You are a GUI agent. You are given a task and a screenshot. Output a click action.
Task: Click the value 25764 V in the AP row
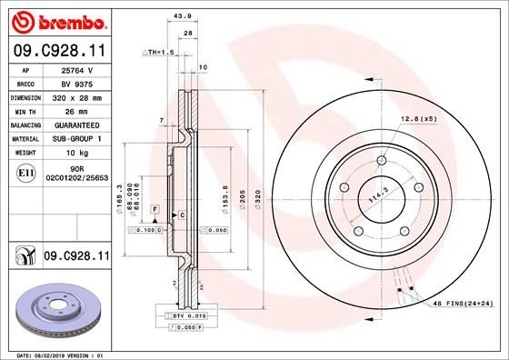click(x=78, y=69)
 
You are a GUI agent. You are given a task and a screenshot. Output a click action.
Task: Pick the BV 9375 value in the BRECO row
click(x=78, y=82)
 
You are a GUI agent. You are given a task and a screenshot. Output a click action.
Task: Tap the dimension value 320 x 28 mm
click(x=78, y=96)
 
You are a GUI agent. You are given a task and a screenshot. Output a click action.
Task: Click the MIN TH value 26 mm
click(x=78, y=110)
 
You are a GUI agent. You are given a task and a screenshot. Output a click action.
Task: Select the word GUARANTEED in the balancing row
click(x=78, y=124)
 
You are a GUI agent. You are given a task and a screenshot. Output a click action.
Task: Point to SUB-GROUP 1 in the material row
click(x=78, y=138)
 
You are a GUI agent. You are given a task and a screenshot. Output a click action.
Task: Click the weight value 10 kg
click(x=78, y=153)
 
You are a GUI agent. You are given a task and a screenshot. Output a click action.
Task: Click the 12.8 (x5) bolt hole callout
click(x=419, y=119)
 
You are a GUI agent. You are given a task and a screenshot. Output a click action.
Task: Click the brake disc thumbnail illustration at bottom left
click(x=58, y=310)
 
